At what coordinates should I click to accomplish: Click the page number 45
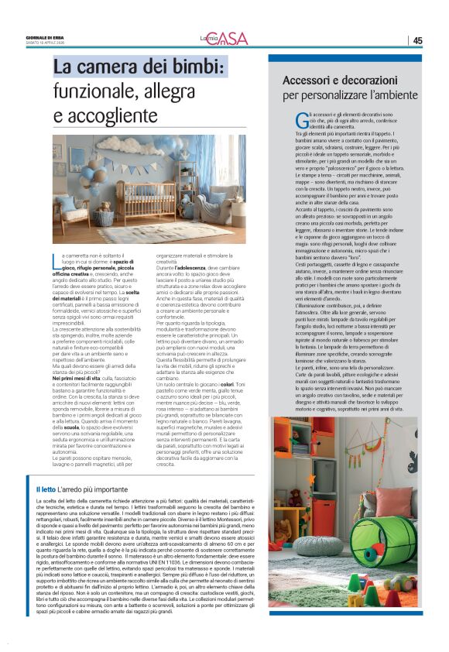(x=417, y=40)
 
